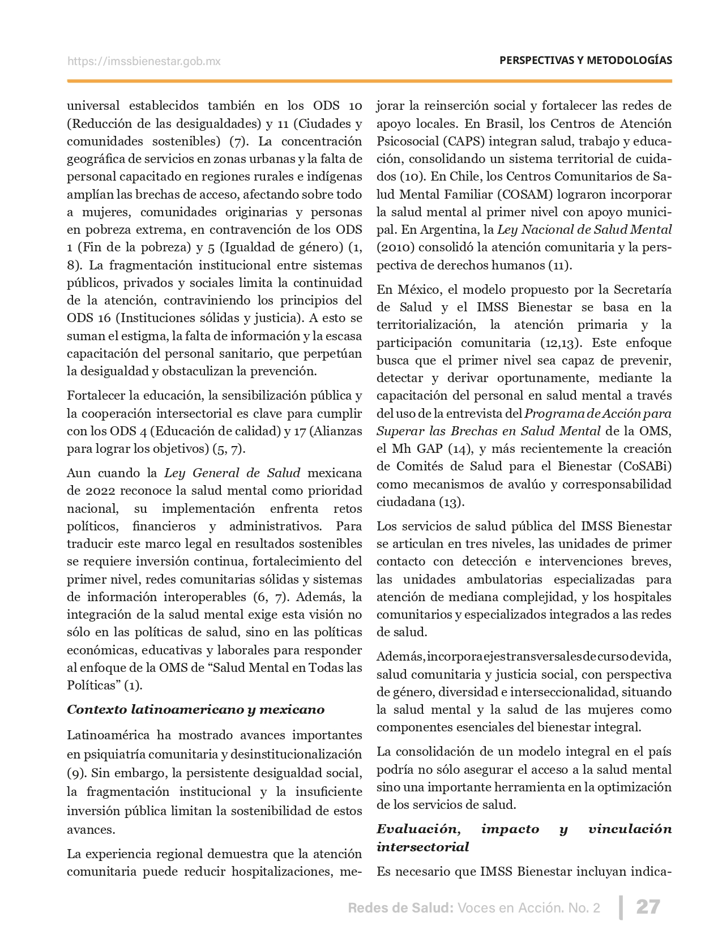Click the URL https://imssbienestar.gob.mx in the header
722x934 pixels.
144,61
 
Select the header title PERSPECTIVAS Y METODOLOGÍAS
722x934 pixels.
586,60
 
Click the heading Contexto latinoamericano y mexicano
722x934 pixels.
195,709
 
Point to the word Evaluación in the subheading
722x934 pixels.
418,829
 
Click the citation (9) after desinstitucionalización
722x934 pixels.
75,772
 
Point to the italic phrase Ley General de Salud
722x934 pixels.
232,473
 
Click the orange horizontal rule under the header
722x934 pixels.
369,82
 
